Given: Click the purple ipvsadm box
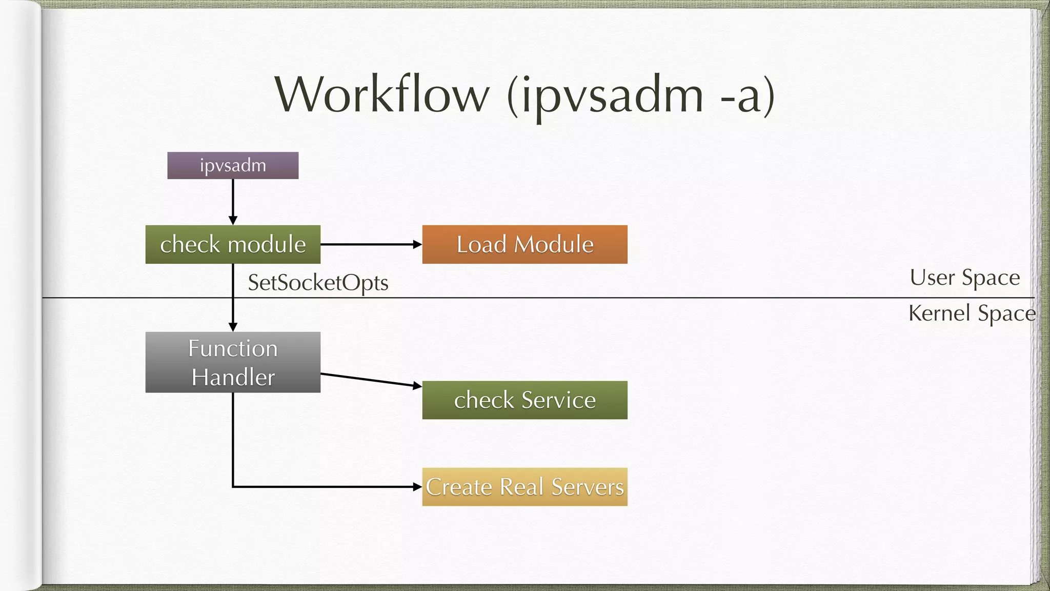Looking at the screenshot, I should click(233, 165).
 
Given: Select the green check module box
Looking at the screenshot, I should click(233, 244).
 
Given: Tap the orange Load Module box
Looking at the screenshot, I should click(524, 244).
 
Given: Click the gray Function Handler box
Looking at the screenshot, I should click(233, 362).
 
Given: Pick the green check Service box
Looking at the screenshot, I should click(524, 400).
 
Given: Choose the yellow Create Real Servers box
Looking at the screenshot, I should click(524, 487).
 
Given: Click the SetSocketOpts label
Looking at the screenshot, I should click(318, 283).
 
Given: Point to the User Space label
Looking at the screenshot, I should click(964, 278).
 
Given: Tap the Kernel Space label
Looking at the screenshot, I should click(972, 313).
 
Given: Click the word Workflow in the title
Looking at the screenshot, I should click(382, 95).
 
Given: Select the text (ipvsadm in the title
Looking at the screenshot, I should click(605, 96).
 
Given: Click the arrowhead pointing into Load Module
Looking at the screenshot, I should click(417, 245).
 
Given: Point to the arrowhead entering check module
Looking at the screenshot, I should click(233, 221).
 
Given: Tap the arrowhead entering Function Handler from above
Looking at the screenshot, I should click(233, 327).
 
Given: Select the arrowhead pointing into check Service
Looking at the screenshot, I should click(417, 385).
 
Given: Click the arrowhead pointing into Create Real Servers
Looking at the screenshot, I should click(417, 487).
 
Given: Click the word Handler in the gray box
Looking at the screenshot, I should click(233, 378).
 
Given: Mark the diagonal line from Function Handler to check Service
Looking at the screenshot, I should click(369, 380).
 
